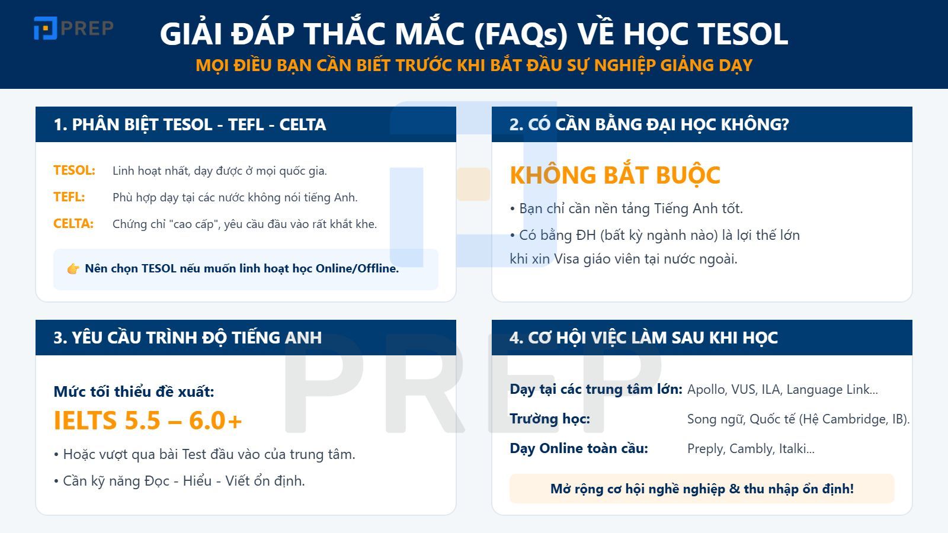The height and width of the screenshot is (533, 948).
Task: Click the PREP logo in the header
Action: [73, 28]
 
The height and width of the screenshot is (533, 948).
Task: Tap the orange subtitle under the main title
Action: [473, 65]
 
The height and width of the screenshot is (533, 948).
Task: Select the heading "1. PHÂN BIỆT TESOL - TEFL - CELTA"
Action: [190, 124]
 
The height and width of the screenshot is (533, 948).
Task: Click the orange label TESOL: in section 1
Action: [74, 171]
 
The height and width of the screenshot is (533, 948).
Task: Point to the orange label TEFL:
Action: [69, 197]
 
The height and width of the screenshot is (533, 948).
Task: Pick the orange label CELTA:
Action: [73, 224]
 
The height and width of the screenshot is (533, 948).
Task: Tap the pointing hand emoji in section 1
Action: [73, 269]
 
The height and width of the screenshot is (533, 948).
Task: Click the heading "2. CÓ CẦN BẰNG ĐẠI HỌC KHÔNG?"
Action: [649, 124]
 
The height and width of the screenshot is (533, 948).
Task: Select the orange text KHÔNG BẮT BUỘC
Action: [614, 175]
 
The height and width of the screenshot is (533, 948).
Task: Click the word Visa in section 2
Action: [566, 259]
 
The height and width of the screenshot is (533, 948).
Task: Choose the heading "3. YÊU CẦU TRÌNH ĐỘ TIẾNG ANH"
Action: [187, 338]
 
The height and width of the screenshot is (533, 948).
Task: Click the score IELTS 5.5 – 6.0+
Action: [148, 420]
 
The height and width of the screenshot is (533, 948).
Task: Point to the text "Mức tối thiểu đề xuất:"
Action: [134, 391]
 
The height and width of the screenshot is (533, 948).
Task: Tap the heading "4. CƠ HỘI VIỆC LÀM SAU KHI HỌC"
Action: [643, 338]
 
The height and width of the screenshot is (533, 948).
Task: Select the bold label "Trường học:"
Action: [549, 419]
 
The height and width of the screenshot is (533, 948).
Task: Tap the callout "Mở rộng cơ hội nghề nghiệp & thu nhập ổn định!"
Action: [702, 489]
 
